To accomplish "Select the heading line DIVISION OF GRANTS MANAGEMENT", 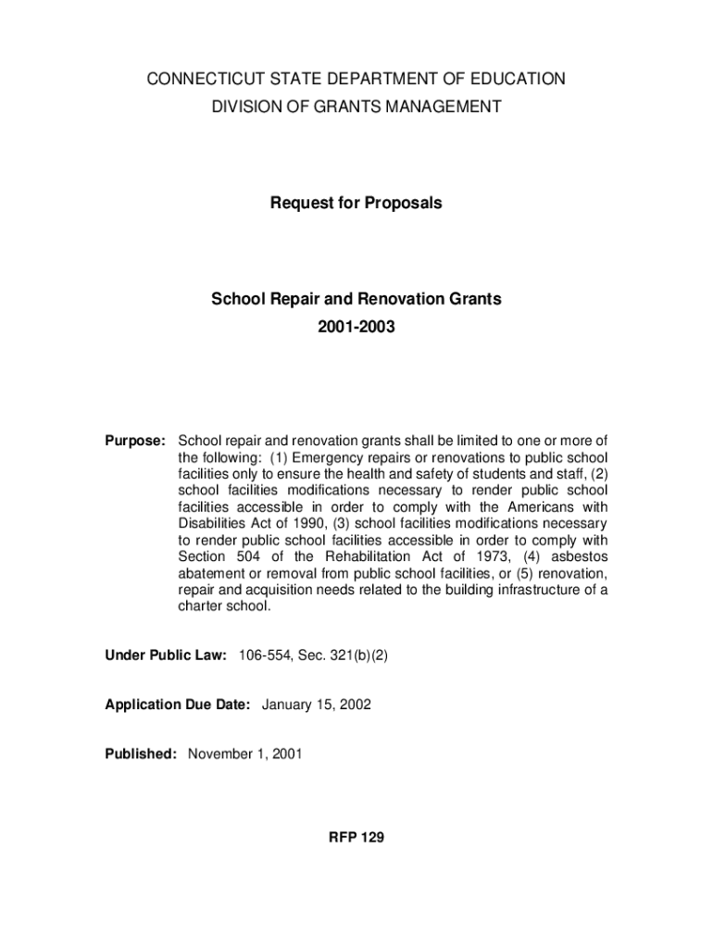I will (356, 107).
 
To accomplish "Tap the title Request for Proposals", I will (356, 203).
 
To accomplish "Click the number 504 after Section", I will (246, 556).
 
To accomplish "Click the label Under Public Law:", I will (166, 655).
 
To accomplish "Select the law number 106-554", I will (262, 655).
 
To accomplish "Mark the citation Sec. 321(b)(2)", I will (342, 655).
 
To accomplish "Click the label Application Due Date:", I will (178, 705).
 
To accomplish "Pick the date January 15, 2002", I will (317, 705).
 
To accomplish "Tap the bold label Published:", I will (141, 755).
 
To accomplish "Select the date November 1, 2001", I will (245, 755).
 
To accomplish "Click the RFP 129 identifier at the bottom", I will (356, 838).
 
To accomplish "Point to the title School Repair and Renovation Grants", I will (356, 299).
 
